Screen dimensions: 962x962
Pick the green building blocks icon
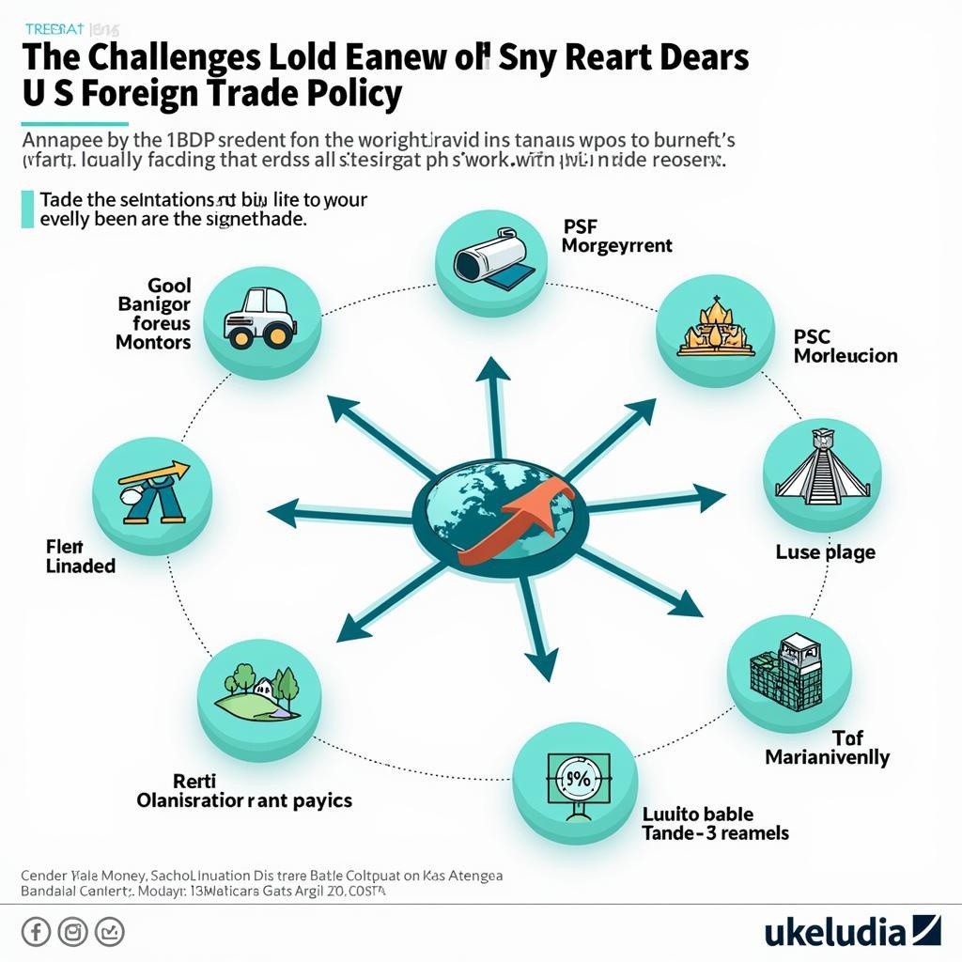789,672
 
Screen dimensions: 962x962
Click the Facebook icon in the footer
36,932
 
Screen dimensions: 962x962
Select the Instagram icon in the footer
72,932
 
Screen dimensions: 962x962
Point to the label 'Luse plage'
825,551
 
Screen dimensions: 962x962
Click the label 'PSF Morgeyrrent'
616,236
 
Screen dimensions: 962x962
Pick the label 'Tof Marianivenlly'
827,747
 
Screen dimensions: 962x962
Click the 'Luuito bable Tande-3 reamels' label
714,823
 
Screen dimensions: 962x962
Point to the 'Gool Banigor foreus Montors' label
153,313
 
